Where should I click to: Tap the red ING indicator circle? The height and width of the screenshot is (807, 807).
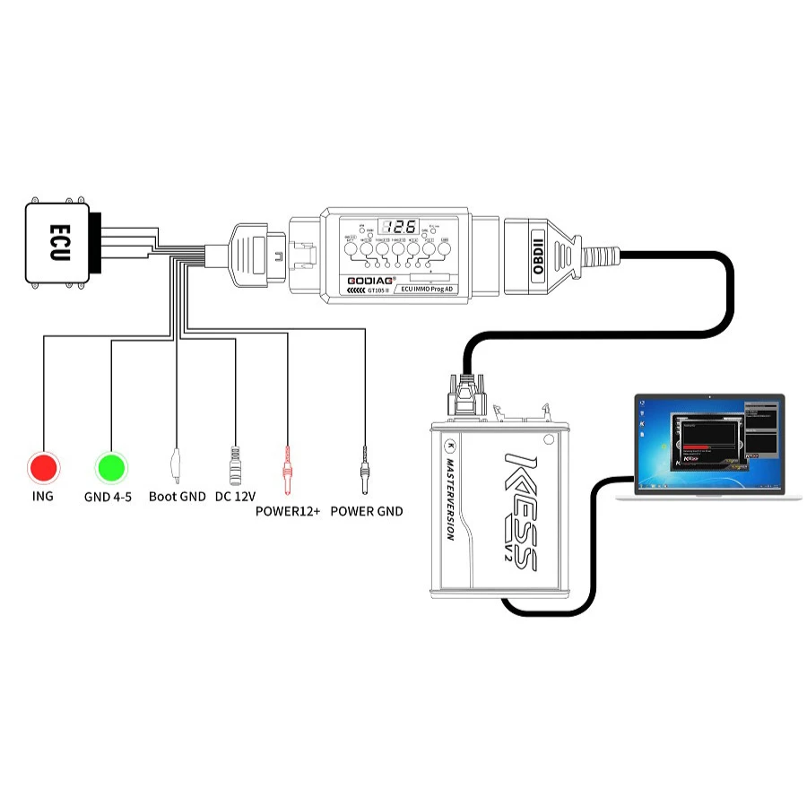pyautogui.click(x=42, y=467)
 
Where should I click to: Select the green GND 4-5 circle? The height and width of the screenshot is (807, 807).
pyautogui.click(x=110, y=467)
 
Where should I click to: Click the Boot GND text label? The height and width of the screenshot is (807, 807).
pyautogui.click(x=178, y=497)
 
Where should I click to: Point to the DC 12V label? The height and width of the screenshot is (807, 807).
pyautogui.click(x=236, y=497)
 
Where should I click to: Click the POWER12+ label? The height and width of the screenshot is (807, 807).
pyautogui.click(x=288, y=512)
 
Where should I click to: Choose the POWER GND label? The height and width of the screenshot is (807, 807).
pyautogui.click(x=366, y=512)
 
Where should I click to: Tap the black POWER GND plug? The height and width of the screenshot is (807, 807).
pyautogui.click(x=365, y=470)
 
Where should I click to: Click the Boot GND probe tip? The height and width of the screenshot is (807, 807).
pyautogui.click(x=177, y=467)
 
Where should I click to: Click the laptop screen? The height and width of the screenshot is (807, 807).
pyautogui.click(x=708, y=443)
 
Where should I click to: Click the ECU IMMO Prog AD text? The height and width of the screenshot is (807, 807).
pyautogui.click(x=430, y=290)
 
